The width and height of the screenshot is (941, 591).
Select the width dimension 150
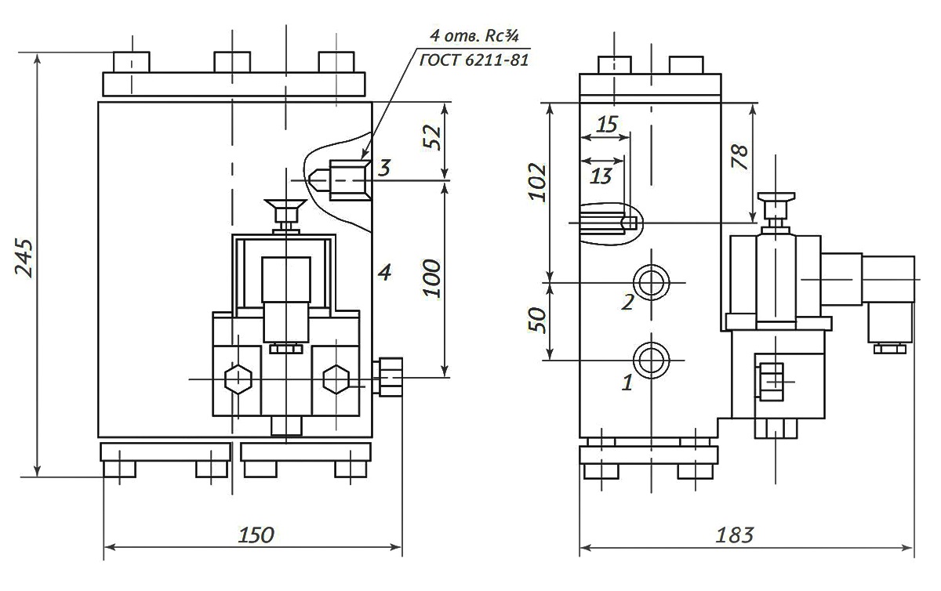[256, 535]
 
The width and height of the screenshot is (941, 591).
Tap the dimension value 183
[735, 535]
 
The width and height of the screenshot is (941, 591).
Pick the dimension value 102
[536, 183]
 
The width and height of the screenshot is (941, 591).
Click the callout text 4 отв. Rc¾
[476, 35]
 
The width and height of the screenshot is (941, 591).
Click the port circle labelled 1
[651, 360]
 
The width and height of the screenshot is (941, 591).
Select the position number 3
[383, 167]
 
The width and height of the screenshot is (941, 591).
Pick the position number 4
[383, 272]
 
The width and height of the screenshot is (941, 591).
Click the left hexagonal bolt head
[238, 379]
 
